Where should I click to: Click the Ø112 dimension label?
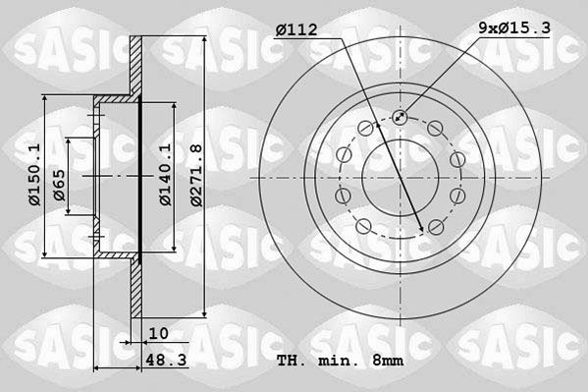(296, 31)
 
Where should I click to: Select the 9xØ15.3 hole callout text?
(512, 31)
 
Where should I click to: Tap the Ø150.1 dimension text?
(34, 175)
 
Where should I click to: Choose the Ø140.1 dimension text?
(166, 175)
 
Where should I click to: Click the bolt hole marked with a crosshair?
(400, 118)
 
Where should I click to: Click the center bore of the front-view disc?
(400, 176)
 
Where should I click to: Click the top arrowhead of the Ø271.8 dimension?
(203, 40)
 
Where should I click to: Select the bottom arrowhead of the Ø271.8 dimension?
(203, 311)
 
